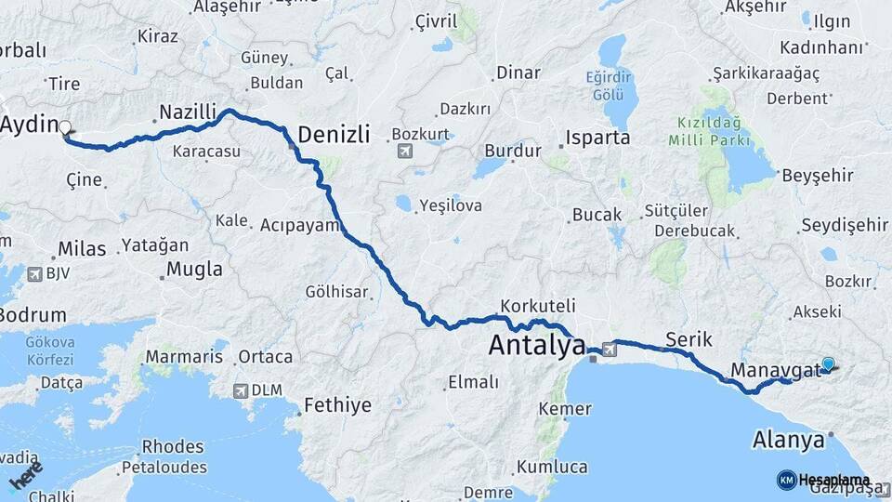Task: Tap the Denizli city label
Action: [x=334, y=135]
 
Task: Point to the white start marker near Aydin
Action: [x=65, y=128]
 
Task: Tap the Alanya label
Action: [x=789, y=439]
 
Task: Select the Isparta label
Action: [x=599, y=138]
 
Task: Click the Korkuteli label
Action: [x=538, y=305]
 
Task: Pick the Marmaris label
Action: [x=184, y=357]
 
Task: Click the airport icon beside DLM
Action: [x=242, y=391]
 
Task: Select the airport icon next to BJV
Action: [x=35, y=274]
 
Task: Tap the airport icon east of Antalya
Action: [x=609, y=350]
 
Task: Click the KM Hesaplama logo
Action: [x=817, y=480]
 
